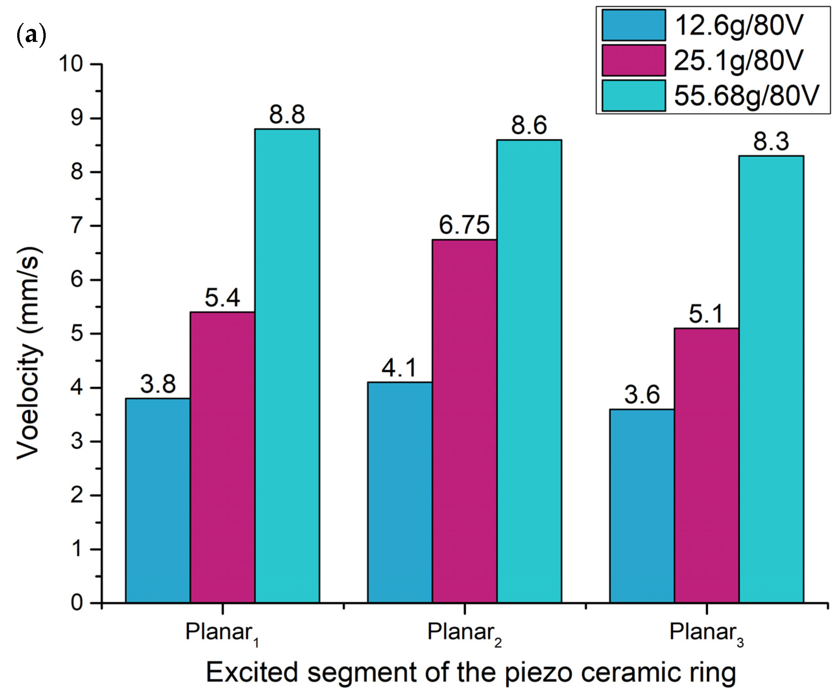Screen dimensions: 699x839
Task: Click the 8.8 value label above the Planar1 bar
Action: tap(287, 115)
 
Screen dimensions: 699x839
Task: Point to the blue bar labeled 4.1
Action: tap(400, 492)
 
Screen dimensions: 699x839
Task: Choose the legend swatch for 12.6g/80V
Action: tap(634, 25)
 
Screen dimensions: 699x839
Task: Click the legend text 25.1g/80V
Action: tap(738, 61)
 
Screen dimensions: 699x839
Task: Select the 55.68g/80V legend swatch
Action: tap(634, 95)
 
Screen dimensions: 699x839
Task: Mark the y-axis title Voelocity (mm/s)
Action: tap(29, 353)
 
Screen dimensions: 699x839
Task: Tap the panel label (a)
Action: tap(31, 35)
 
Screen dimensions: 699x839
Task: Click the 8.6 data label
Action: tap(529, 126)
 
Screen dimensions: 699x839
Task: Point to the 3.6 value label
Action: tap(642, 395)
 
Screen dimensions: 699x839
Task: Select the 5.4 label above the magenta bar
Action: tap(222, 298)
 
